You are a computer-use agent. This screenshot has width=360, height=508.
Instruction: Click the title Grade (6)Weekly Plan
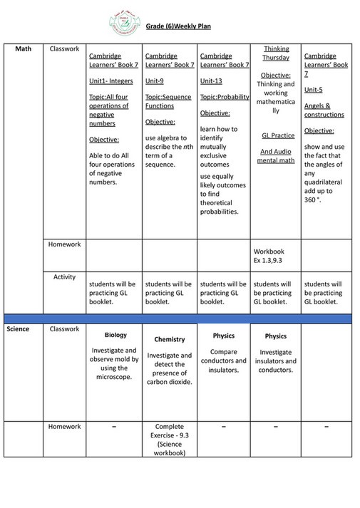pyautogui.click(x=178, y=26)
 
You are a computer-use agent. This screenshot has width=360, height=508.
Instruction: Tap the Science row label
pyautogui.click(x=19, y=329)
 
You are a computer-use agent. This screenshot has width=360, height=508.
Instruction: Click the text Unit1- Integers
pyautogui.click(x=113, y=81)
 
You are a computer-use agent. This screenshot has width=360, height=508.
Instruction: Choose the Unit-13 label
pyautogui.click(x=212, y=81)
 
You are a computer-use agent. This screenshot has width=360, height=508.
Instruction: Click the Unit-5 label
pyautogui.click(x=314, y=90)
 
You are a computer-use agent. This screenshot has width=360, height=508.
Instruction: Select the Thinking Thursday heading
pyautogui.click(x=275, y=53)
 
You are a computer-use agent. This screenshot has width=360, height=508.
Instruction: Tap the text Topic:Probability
pyautogui.click(x=223, y=96)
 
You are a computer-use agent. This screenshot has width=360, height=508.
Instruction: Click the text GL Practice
pyautogui.click(x=275, y=135)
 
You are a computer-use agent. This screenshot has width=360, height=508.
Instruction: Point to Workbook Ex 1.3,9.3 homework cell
pyautogui.click(x=269, y=256)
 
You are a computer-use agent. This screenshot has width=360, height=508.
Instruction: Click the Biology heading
pyautogui.click(x=115, y=335)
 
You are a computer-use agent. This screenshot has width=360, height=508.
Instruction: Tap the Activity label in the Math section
pyautogui.click(x=64, y=276)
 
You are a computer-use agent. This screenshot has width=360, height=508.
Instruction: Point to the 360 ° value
pyautogui.click(x=312, y=200)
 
